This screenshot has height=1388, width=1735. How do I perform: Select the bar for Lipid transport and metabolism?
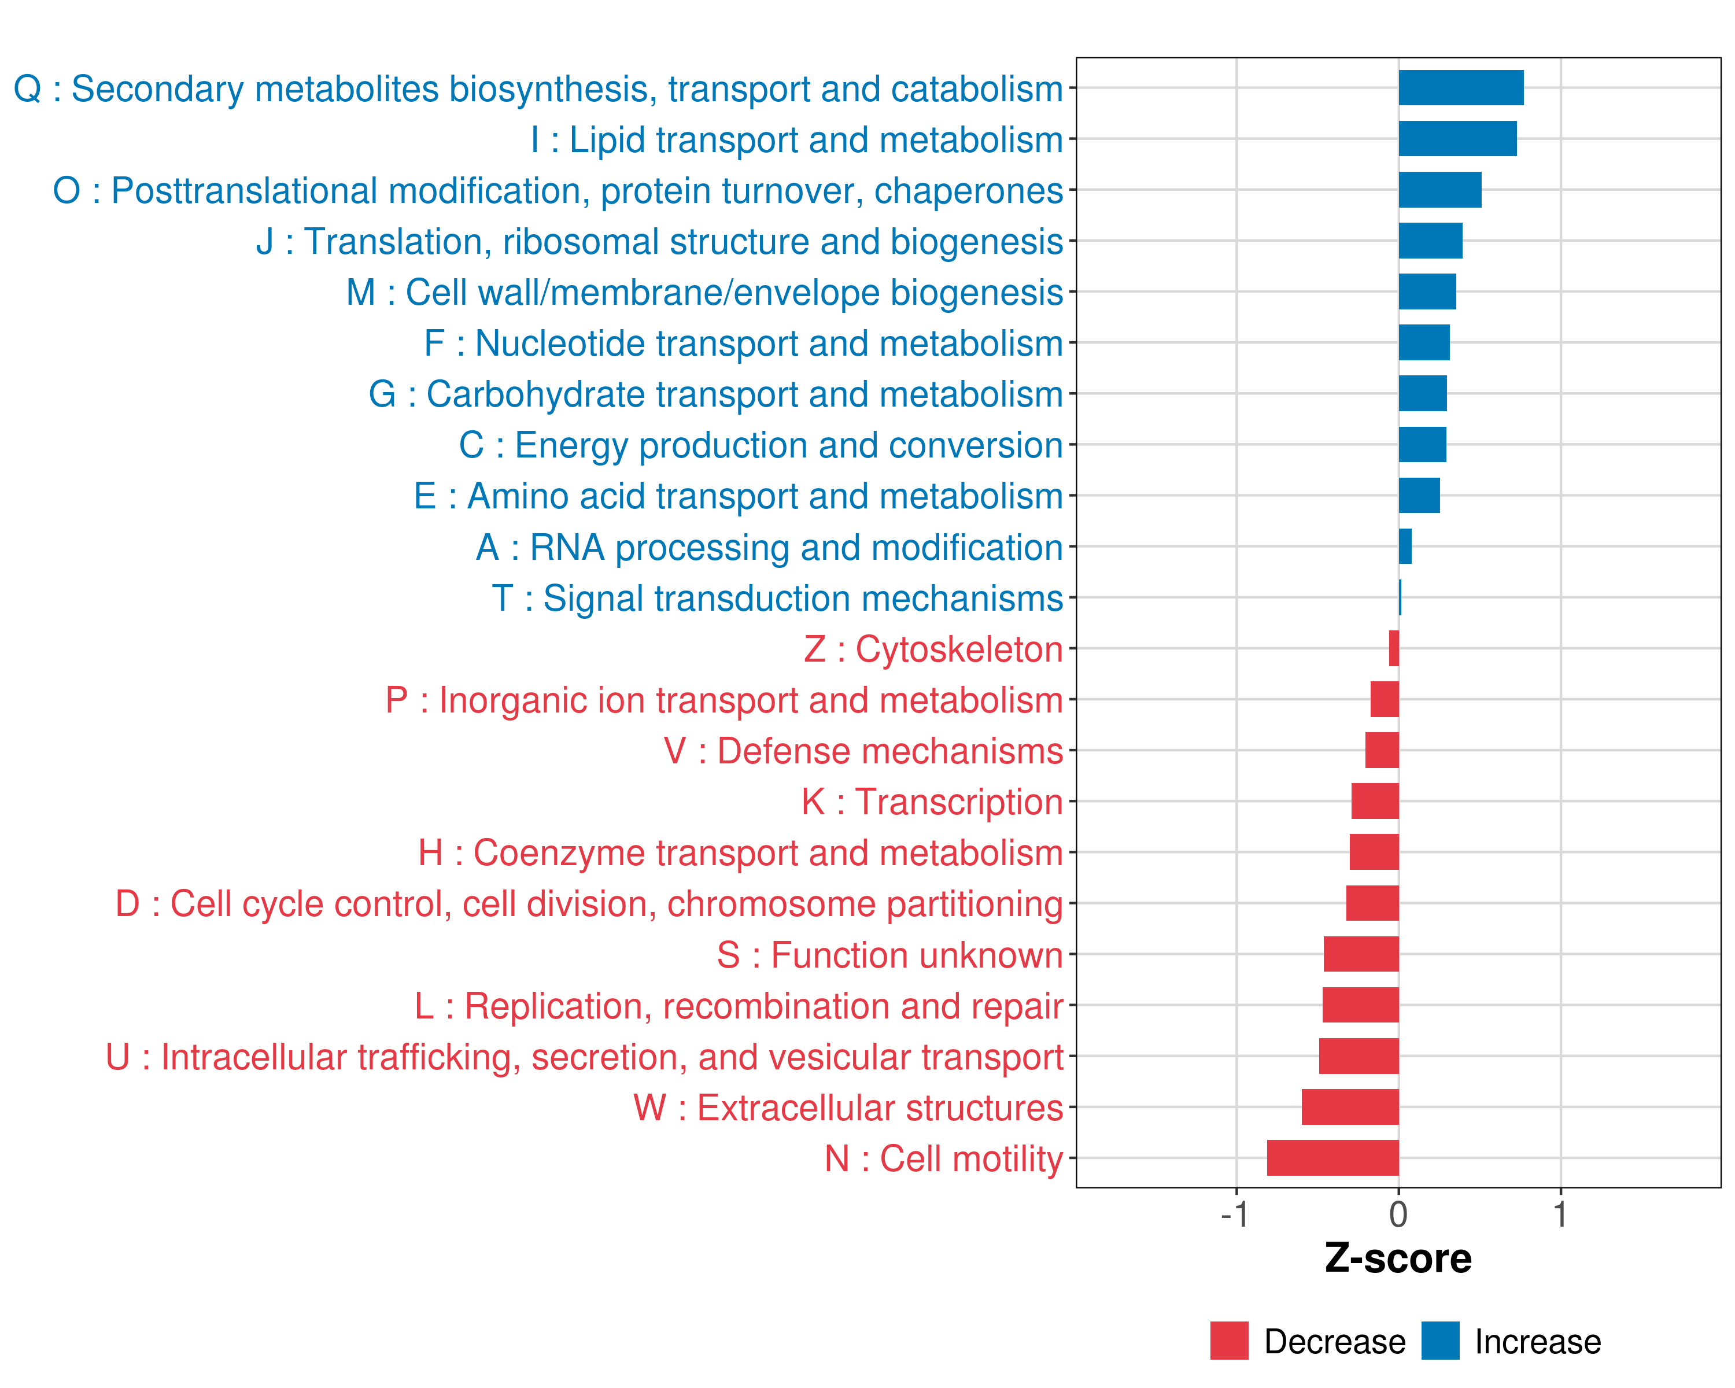(x=1457, y=138)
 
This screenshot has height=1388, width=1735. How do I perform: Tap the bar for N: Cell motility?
(x=1332, y=1157)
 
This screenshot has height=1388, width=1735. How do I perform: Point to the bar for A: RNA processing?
(x=1405, y=547)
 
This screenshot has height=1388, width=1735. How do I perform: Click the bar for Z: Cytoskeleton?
(x=1394, y=648)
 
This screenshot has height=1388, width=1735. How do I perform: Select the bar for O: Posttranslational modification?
(x=1439, y=190)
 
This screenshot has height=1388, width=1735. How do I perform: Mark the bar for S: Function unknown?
(x=1361, y=954)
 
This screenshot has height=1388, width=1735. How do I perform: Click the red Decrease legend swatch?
(x=1229, y=1341)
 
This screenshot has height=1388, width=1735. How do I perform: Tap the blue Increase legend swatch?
(x=1439, y=1341)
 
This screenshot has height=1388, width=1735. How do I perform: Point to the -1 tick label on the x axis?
(x=1235, y=1214)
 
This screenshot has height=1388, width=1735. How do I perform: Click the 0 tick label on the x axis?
(x=1398, y=1214)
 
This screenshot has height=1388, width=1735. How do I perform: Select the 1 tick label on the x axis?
(x=1560, y=1214)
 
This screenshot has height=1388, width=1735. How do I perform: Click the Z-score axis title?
(x=1398, y=1258)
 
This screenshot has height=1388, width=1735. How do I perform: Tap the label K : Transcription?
(x=932, y=802)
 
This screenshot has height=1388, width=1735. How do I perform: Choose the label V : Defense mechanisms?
(x=863, y=751)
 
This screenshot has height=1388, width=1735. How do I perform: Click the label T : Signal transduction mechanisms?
(x=777, y=599)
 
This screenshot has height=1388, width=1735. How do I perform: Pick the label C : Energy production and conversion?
(x=761, y=445)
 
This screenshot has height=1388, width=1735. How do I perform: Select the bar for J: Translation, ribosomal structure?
(x=1430, y=241)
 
